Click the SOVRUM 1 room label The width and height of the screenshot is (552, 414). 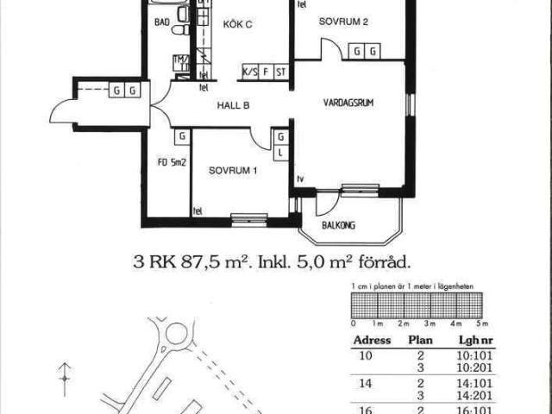point(233,171)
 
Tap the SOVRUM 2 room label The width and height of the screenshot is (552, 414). point(343,22)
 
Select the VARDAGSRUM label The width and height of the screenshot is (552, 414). point(349,101)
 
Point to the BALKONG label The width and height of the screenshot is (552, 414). point(339,226)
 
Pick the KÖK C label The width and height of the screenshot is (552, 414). point(237,24)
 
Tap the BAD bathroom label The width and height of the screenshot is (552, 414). point(161,24)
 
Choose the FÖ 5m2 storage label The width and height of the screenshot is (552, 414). point(166,161)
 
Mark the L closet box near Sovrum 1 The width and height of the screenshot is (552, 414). point(281,153)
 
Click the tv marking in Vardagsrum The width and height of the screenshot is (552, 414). point(300,179)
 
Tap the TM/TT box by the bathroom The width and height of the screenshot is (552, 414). point(180,63)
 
